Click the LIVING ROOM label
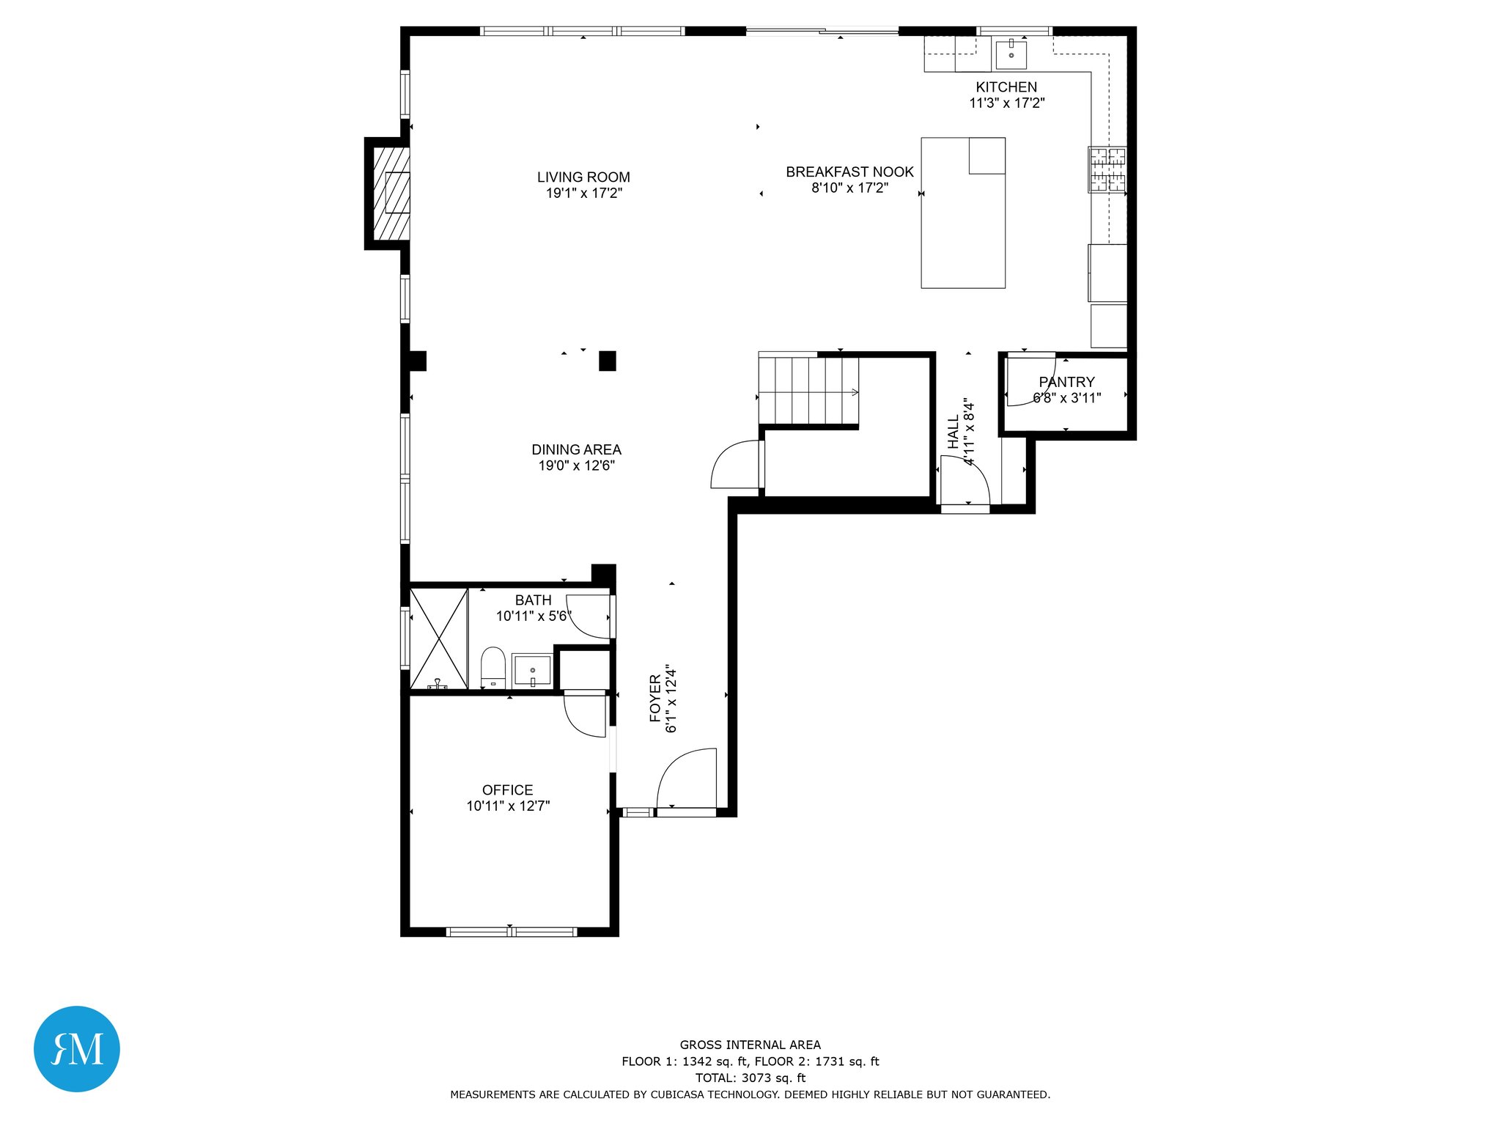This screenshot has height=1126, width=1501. coord(583,177)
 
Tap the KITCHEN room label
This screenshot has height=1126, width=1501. coord(1006,87)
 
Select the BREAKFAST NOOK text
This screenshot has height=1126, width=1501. coord(849,172)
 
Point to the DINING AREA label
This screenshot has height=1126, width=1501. coord(576,450)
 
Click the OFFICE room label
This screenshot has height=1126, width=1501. coord(507,790)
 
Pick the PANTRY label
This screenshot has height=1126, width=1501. coord(1066,383)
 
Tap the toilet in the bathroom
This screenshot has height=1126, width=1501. coord(493,668)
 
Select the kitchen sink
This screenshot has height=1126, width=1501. coord(1011,54)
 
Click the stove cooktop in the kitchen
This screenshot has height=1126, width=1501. coord(1107,169)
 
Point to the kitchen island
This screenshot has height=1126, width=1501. coord(963,213)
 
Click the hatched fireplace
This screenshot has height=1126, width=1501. coord(391,194)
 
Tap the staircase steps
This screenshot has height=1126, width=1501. coord(808,391)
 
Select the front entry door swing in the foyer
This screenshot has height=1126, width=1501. coord(687,779)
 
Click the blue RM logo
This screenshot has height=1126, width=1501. coord(77,1049)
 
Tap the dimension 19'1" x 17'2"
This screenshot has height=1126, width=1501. coord(583,194)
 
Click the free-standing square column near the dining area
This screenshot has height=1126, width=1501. coord(608,361)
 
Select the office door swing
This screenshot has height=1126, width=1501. coord(585,715)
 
